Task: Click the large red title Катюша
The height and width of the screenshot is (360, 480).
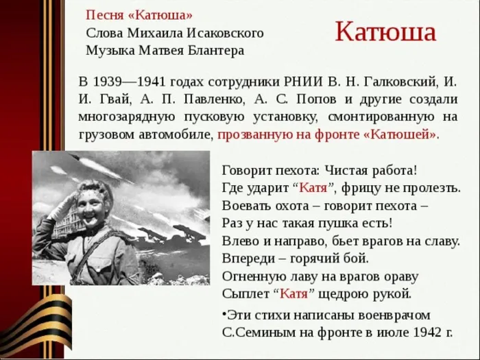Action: pos(385,32)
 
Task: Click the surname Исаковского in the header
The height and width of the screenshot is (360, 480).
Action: pos(225,33)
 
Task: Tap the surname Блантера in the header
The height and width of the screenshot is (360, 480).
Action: pos(216,51)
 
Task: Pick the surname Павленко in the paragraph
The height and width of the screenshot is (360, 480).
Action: pos(214,99)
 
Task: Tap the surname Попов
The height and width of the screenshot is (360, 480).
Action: pos(316,99)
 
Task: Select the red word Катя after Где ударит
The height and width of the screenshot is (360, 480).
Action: pos(313,188)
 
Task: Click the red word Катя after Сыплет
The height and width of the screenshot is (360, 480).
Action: pos(294,293)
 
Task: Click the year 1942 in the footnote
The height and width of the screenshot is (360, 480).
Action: pos(427,332)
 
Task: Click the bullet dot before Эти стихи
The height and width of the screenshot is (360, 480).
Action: pos(224,314)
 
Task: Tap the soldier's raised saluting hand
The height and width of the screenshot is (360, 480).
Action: pos(64,204)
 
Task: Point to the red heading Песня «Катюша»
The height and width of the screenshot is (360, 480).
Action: pos(139,15)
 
